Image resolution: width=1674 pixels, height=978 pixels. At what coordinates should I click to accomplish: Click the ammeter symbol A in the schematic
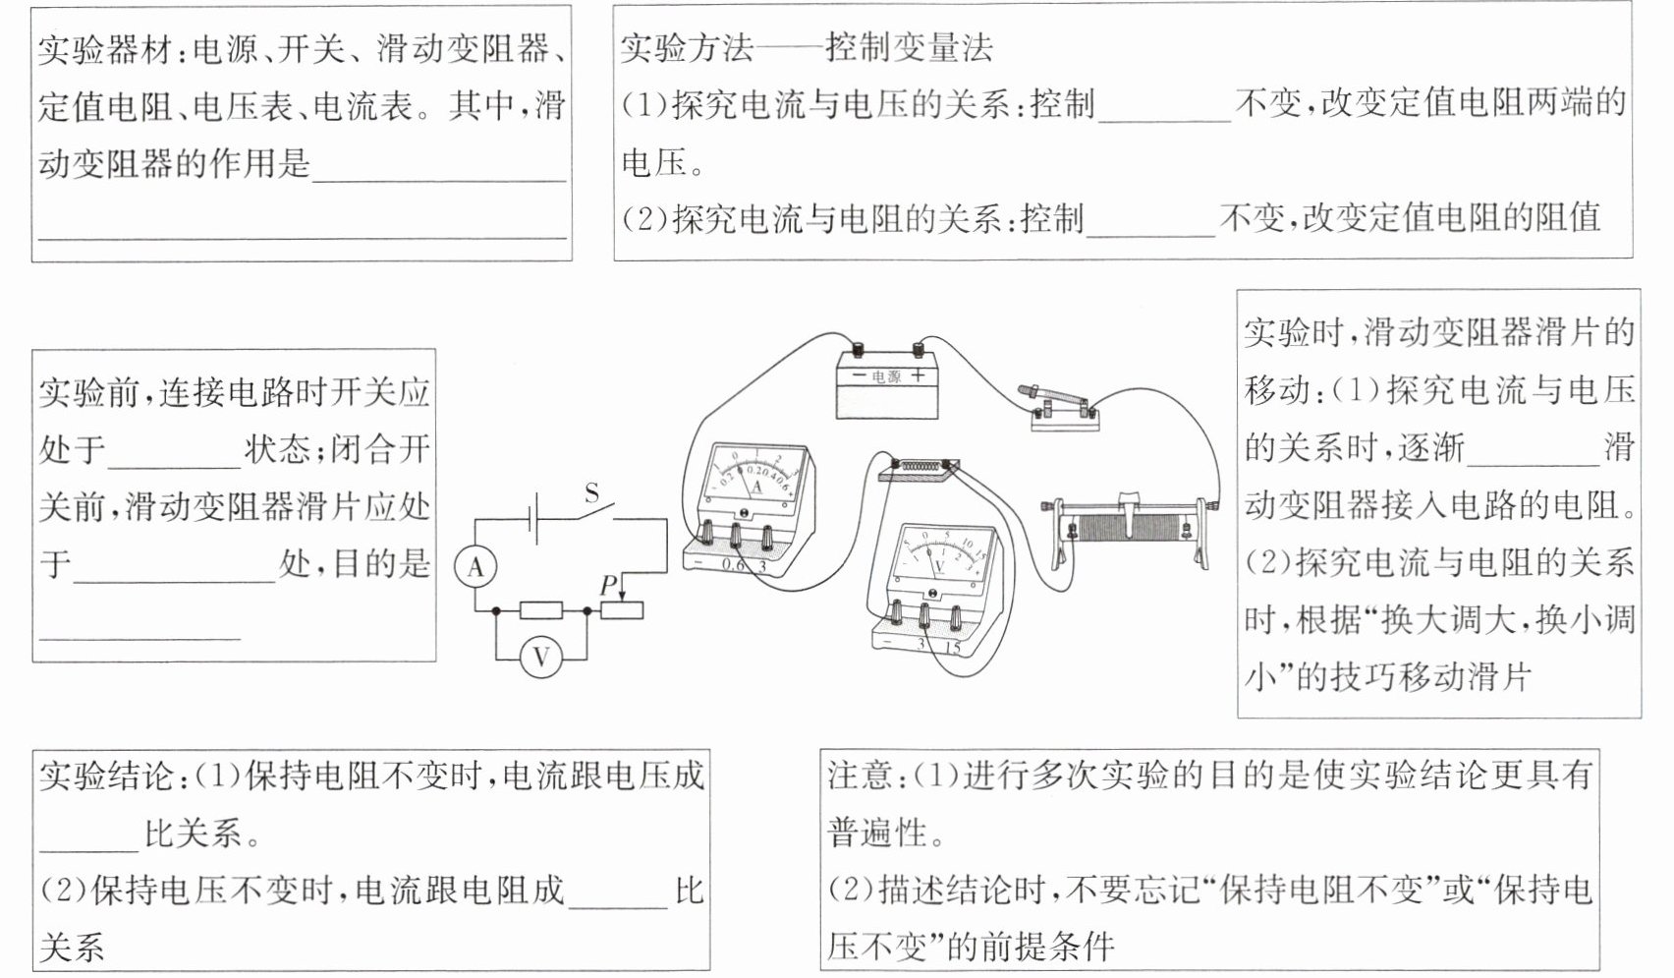tap(475, 567)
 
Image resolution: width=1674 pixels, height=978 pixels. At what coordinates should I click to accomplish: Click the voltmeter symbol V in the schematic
tap(541, 657)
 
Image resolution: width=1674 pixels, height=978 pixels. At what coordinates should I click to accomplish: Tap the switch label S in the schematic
tap(591, 492)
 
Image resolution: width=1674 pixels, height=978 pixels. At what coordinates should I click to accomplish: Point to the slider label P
tap(608, 585)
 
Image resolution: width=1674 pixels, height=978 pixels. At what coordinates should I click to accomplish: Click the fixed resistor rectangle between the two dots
tap(540, 610)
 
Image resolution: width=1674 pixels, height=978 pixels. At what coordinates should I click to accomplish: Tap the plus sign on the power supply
tap(918, 375)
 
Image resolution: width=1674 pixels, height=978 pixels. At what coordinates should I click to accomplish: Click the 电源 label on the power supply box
tap(886, 376)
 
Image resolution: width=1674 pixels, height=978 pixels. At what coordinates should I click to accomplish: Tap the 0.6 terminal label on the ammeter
tap(733, 565)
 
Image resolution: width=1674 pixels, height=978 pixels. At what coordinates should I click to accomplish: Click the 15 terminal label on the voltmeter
tap(952, 647)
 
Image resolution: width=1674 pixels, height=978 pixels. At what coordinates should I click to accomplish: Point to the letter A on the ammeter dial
tap(755, 486)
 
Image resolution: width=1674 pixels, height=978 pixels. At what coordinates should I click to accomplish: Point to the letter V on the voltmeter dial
tap(938, 566)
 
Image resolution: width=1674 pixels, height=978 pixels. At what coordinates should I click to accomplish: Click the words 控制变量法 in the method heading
tap(909, 47)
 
